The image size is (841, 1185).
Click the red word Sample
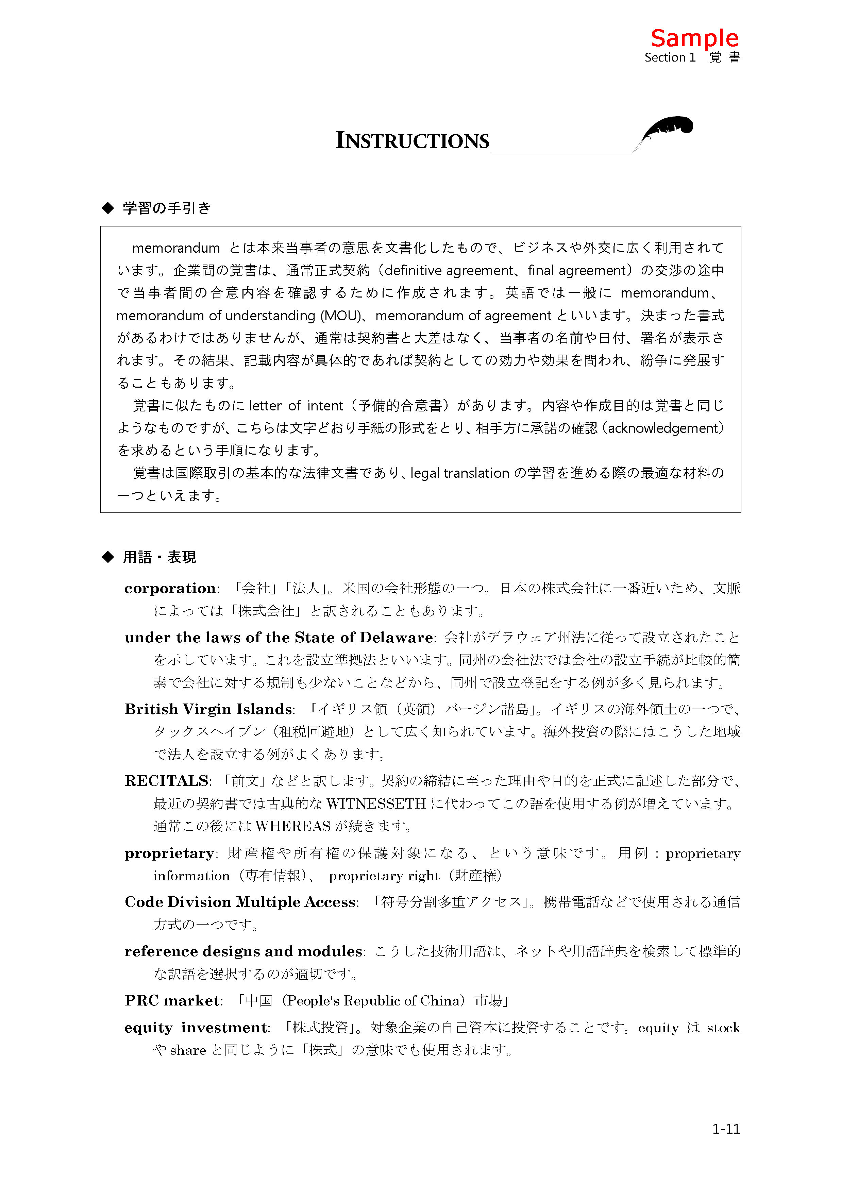pyautogui.click(x=694, y=38)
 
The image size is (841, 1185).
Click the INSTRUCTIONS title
pyautogui.click(x=412, y=141)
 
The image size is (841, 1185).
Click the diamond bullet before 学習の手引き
pyautogui.click(x=108, y=208)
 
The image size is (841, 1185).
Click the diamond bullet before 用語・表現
pyautogui.click(x=108, y=557)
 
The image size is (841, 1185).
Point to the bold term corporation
pyautogui.click(x=170, y=589)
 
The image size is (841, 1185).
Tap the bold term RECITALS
pyautogui.click(x=166, y=781)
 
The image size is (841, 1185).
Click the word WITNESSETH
pyautogui.click(x=376, y=803)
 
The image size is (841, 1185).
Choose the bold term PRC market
pyautogui.click(x=172, y=1000)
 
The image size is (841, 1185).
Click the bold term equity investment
pyautogui.click(x=196, y=1028)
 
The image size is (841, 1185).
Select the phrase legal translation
pyautogui.click(x=460, y=473)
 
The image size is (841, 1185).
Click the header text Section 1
pyautogui.click(x=670, y=57)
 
